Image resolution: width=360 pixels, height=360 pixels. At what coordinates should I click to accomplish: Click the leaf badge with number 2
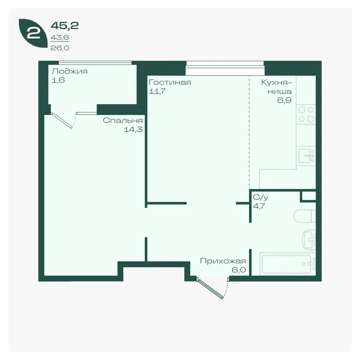pyautogui.click(x=33, y=33)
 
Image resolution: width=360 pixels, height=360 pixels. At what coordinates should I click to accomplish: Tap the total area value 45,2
pyautogui.click(x=65, y=25)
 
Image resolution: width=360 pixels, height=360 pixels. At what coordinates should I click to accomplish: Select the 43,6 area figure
pyautogui.click(x=60, y=37)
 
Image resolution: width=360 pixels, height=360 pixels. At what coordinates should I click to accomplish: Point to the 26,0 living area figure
pyautogui.click(x=60, y=48)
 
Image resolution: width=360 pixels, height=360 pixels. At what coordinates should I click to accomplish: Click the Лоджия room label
pyautogui.click(x=70, y=71)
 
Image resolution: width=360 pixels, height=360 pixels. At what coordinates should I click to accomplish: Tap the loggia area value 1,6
pyautogui.click(x=58, y=80)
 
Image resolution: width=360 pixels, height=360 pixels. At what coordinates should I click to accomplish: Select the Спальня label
pyautogui.click(x=122, y=121)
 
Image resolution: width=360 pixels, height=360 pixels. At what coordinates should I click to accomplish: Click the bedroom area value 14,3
pyautogui.click(x=133, y=130)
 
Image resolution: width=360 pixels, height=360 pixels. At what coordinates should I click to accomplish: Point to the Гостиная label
pyautogui.click(x=170, y=82)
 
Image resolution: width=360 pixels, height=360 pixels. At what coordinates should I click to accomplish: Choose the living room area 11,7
pyautogui.click(x=157, y=91)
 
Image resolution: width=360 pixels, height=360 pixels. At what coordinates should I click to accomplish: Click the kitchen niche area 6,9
pyautogui.click(x=284, y=100)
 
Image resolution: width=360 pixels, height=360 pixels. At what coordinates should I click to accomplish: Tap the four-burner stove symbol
pyautogui.click(x=306, y=114)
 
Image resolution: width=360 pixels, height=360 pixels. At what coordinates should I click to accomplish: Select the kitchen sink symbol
pyautogui.click(x=306, y=155)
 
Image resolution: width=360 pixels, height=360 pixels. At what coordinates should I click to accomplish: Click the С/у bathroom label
pyautogui.click(x=260, y=197)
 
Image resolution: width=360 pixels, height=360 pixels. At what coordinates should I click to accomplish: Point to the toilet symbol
pyautogui.click(x=304, y=216)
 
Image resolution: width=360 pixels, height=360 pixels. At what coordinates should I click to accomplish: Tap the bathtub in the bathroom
pyautogui.click(x=287, y=264)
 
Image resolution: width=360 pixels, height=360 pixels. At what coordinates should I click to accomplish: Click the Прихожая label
pyautogui.click(x=223, y=261)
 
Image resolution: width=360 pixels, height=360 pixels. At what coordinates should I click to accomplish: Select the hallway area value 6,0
pyautogui.click(x=239, y=270)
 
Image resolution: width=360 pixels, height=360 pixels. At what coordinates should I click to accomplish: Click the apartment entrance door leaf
pyautogui.click(x=210, y=289)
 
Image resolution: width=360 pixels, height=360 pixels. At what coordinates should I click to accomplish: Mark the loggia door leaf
pyautogui.click(x=62, y=121)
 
